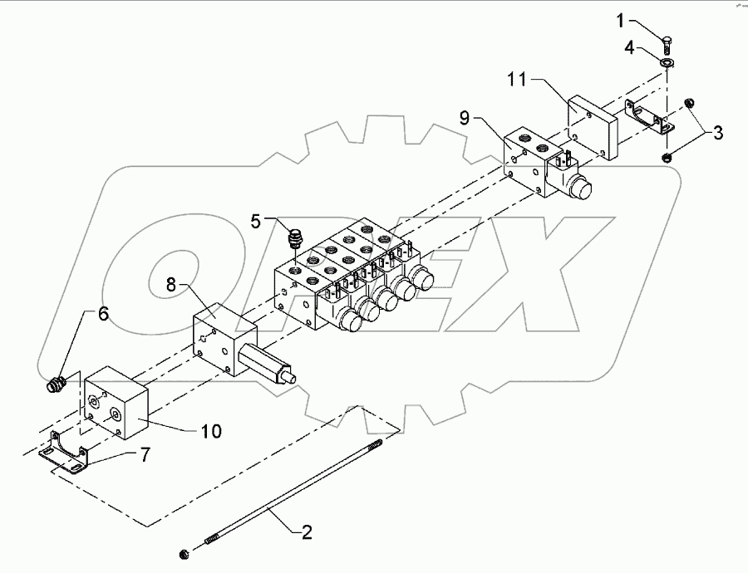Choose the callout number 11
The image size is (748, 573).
[517, 81]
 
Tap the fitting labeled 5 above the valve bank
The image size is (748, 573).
[293, 240]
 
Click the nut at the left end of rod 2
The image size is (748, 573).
[183, 553]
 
